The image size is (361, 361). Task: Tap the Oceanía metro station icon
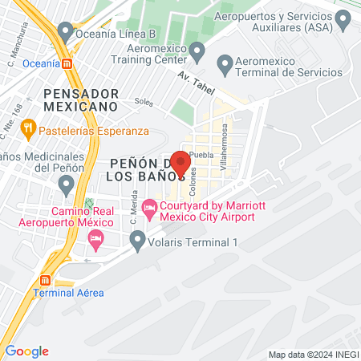pos(68,63)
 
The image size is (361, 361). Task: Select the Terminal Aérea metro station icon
pos(45,281)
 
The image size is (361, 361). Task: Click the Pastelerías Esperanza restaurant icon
pos(27,126)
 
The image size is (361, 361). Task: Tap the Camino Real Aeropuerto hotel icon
pos(95,238)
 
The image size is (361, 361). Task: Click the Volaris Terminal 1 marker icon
pos(137,238)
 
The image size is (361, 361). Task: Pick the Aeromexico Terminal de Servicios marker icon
pos(225,62)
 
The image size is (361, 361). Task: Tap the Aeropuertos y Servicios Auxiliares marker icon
pos(344,18)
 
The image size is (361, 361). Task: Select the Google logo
pos(27,351)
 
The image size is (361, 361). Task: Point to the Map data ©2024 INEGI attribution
pos(312,354)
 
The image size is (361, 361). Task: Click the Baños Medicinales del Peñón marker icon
pos(65,185)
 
